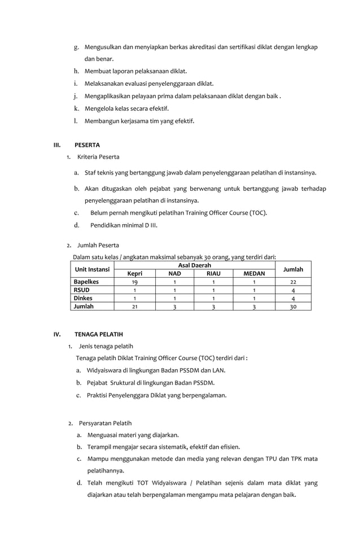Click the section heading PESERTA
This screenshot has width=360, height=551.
point(87,145)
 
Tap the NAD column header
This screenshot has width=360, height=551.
point(175,273)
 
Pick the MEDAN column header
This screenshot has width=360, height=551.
point(254,273)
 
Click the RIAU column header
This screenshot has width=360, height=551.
point(213,273)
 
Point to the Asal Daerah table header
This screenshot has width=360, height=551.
point(194,265)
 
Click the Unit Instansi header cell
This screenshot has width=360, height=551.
point(93,269)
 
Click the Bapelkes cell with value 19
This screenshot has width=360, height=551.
point(134,282)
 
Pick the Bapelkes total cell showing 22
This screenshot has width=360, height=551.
point(293,282)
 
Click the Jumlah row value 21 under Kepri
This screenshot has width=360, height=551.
point(134,307)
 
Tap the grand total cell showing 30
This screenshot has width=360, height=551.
point(293,307)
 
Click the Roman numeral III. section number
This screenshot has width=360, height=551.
point(56,145)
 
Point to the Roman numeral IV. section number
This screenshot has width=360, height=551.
point(57,334)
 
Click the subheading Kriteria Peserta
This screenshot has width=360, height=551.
point(98,156)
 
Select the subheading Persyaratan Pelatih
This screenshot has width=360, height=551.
point(106,423)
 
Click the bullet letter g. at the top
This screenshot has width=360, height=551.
point(76,47)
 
